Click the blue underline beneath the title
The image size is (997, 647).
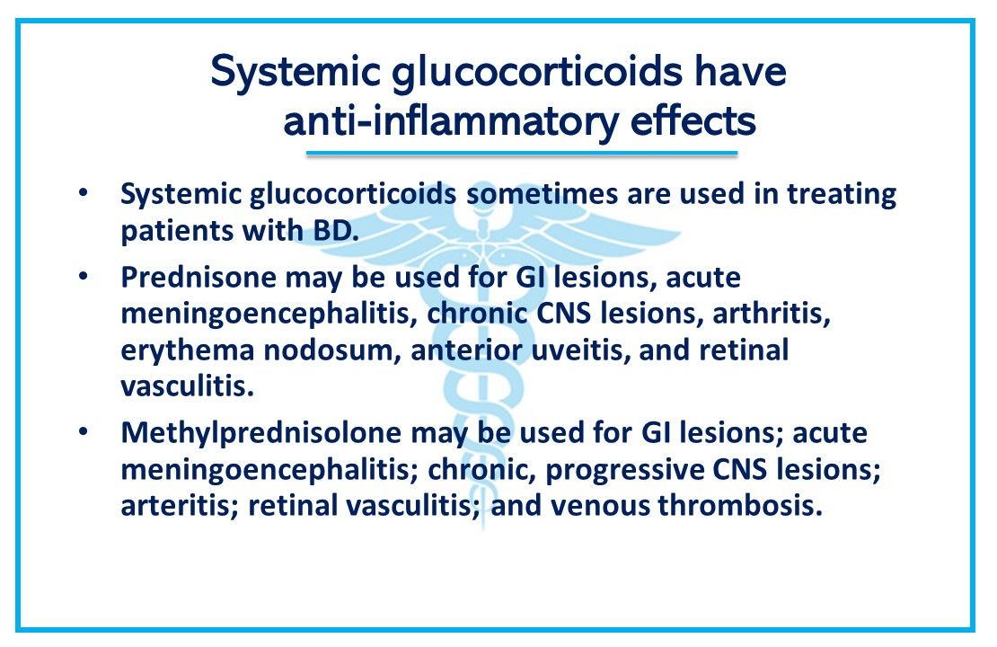pos(521,154)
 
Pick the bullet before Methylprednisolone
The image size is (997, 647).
pos(84,433)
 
